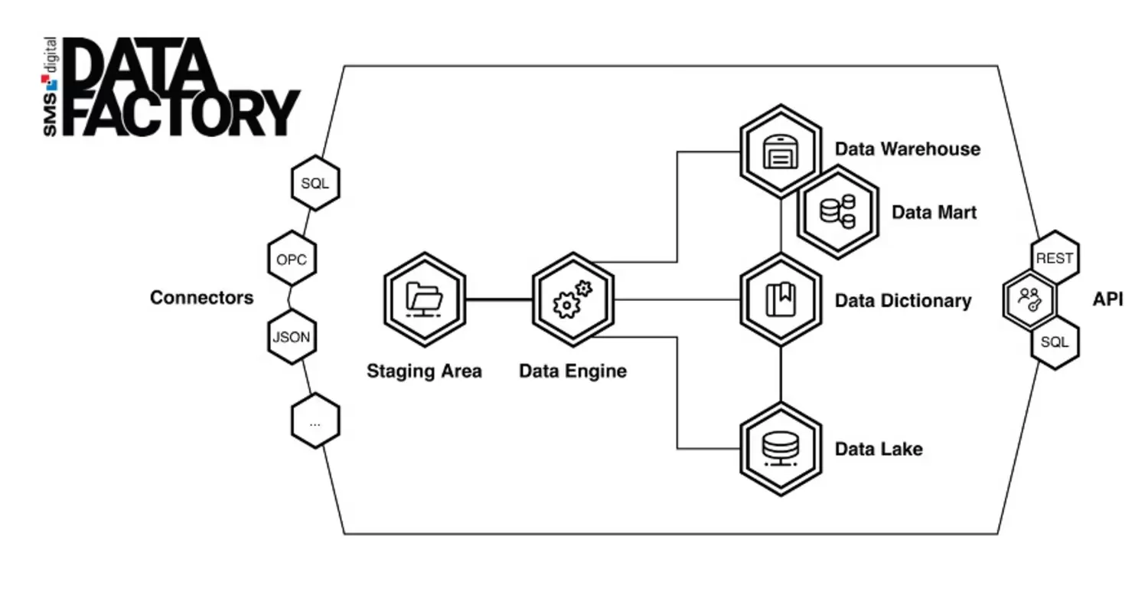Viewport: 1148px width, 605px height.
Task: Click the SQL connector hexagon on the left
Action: click(315, 184)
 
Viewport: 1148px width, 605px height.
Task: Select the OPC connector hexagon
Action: click(291, 260)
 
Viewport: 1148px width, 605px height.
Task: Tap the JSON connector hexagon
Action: click(291, 336)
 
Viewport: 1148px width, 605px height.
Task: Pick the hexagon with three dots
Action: click(315, 421)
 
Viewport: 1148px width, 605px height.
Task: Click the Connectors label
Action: click(201, 298)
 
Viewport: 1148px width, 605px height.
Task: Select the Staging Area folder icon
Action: click(424, 299)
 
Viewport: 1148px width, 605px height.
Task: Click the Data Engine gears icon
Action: click(572, 299)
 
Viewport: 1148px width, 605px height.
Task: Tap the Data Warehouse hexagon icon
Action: click(780, 151)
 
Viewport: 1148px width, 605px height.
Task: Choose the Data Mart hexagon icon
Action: click(837, 211)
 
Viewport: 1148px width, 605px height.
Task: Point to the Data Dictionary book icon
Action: click(780, 299)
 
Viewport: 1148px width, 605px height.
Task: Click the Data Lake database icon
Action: click(780, 449)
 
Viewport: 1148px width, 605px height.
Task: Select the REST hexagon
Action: click(1054, 259)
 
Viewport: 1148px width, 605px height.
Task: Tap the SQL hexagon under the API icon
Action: click(1054, 342)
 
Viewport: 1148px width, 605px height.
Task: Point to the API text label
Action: click(1107, 299)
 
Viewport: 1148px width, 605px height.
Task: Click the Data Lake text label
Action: click(878, 449)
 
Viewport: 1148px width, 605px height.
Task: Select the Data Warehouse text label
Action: click(907, 149)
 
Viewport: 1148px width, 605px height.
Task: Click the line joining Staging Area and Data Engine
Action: click(499, 299)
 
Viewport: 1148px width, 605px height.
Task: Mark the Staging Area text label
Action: click(424, 371)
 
